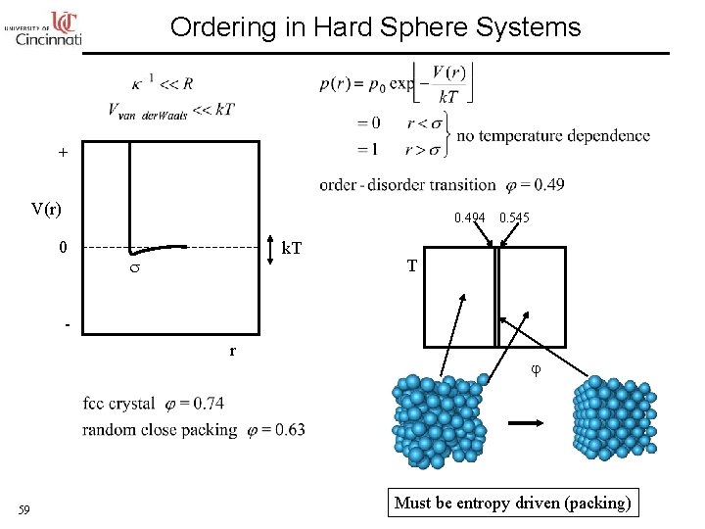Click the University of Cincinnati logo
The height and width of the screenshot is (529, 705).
pyautogui.click(x=44, y=28)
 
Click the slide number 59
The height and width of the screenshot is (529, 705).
pyautogui.click(x=25, y=509)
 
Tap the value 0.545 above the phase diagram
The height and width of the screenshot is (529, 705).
pyautogui.click(x=514, y=217)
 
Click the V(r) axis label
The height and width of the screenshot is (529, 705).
pyautogui.click(x=46, y=209)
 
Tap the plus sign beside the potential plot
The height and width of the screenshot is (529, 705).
pyautogui.click(x=63, y=153)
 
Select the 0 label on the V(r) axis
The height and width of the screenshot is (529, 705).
pyautogui.click(x=63, y=247)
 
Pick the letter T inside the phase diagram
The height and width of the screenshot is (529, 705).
pyautogui.click(x=412, y=265)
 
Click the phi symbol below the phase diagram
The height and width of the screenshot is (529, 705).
pyautogui.click(x=535, y=370)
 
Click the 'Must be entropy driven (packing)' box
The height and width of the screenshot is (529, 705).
pyautogui.click(x=512, y=503)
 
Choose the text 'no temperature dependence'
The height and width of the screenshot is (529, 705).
pyautogui.click(x=553, y=135)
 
